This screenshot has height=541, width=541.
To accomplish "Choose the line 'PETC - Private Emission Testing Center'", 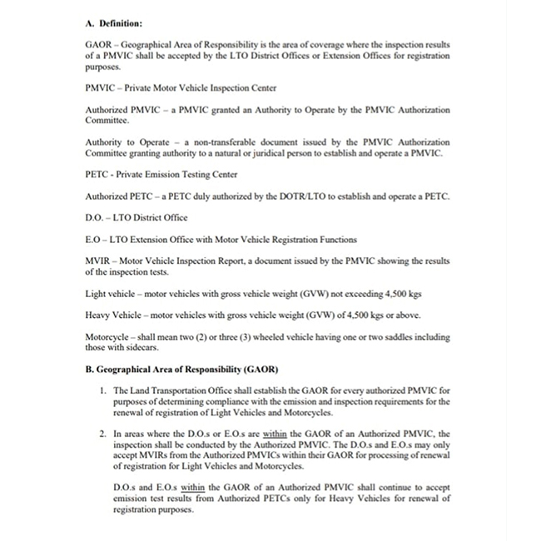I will [161, 175].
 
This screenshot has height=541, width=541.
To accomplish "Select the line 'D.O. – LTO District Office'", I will [136, 218].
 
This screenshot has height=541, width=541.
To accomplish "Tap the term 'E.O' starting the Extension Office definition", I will [93, 240].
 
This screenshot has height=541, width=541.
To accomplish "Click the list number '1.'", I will [101, 390].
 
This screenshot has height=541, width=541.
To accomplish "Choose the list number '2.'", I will [101, 434].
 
